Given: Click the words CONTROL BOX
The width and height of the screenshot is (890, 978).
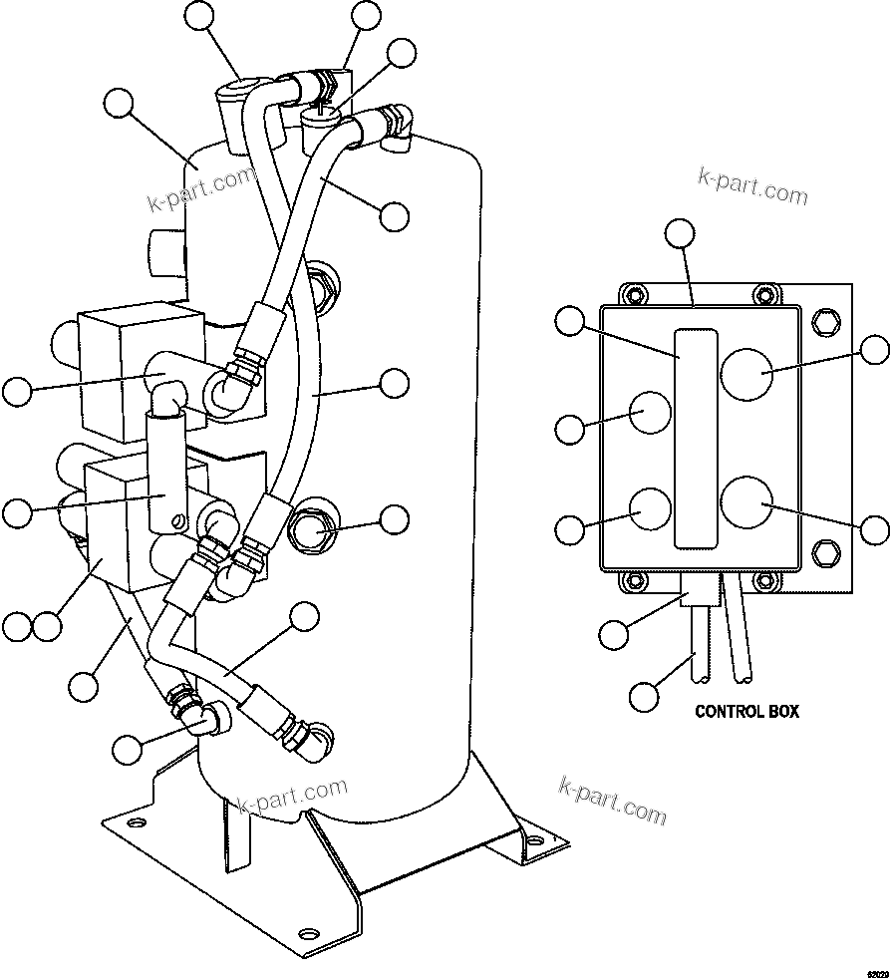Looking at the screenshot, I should coord(746,712).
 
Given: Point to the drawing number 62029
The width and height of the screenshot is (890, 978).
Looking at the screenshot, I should coord(876,970).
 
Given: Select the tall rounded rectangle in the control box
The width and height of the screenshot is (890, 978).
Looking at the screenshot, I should coord(694,438).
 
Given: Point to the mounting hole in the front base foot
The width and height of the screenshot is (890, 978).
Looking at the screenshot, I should coord(309,934).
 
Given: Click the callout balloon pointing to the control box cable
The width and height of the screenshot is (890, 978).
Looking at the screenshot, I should coord(645,695).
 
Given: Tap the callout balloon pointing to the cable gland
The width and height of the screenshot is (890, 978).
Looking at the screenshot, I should coord(615,631).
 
